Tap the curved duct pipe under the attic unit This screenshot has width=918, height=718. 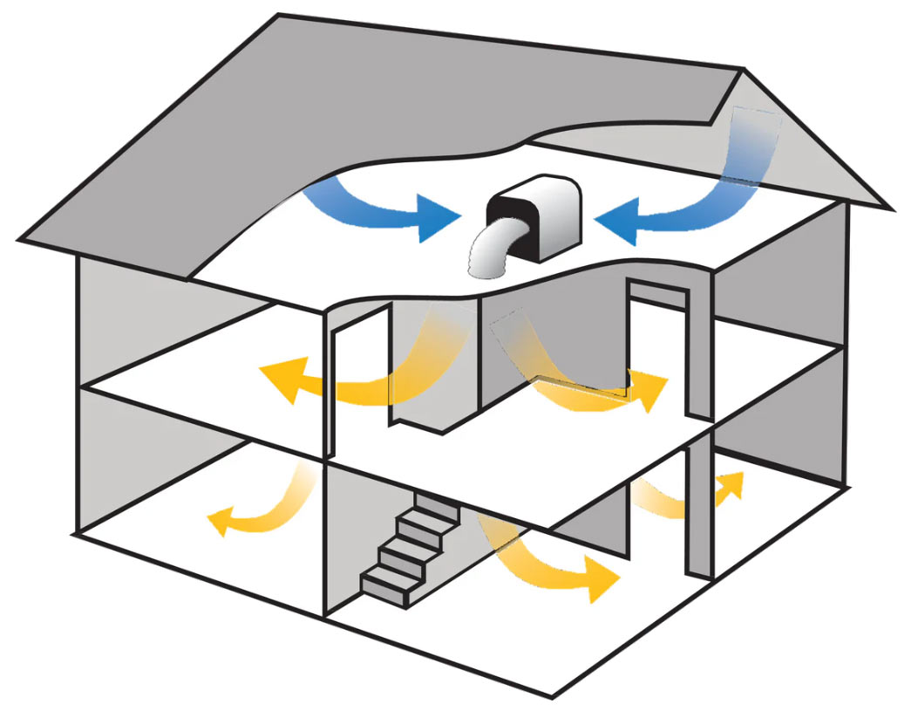pyautogui.click(x=496, y=252)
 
